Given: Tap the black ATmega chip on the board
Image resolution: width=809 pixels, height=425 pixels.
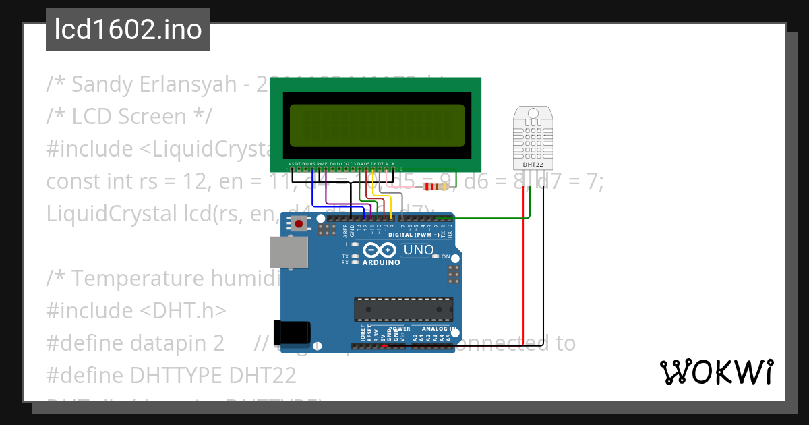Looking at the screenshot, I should point(402,309).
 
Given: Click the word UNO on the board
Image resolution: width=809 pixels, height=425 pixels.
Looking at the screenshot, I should point(418,250).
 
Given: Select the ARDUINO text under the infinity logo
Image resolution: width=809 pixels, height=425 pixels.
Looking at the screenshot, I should point(382,263).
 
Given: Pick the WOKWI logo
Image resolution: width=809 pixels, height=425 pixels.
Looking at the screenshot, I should point(716,372).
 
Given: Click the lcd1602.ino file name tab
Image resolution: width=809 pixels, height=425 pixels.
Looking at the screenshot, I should point(128,30).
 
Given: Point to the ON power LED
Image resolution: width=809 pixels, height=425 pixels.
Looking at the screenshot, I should point(446,257).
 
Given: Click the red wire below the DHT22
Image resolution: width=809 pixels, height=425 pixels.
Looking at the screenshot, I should point(524,270).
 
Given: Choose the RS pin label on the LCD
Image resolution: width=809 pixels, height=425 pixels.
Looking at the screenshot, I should point(313,164).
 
